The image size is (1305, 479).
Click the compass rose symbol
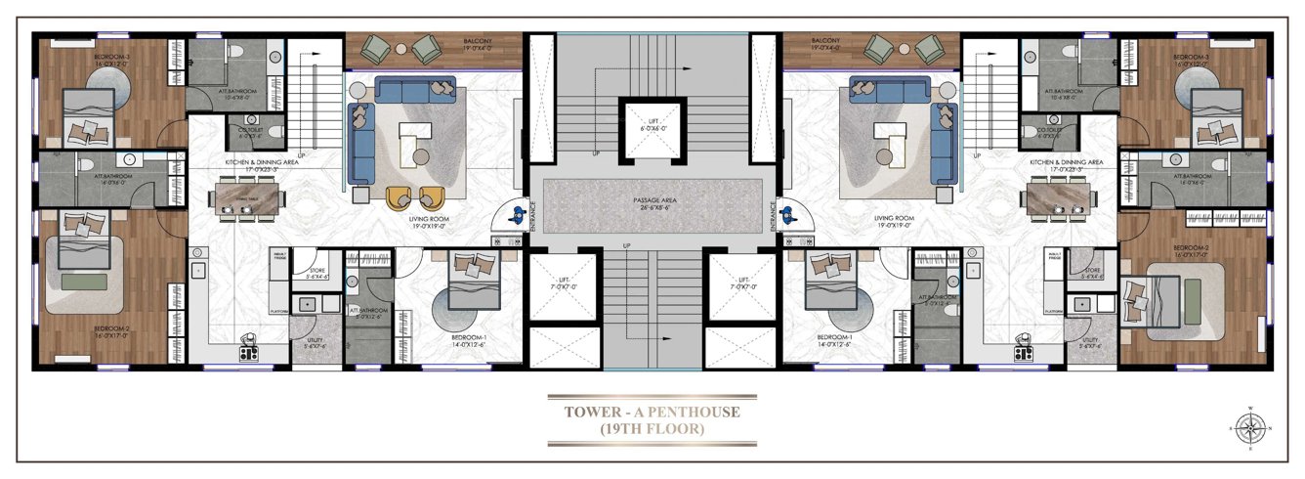pyautogui.click(x=1249, y=426)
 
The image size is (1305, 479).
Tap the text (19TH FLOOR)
pyautogui.click(x=652, y=428)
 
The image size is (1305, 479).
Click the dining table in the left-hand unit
pyautogui.click(x=249, y=199)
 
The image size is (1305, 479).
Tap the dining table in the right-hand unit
pyautogui.click(x=1059, y=198)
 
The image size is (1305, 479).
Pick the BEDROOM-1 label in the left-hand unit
pyautogui.click(x=470, y=338)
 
